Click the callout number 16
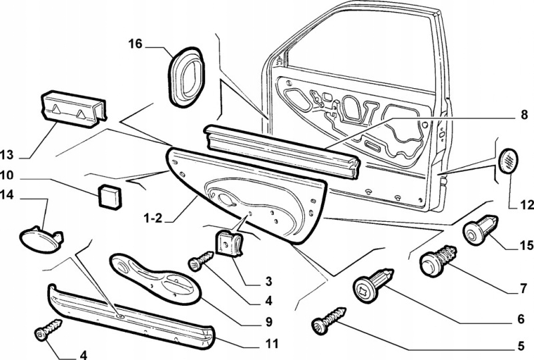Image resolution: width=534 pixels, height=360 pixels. [x=136, y=45]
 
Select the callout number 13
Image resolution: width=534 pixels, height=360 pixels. [x=7, y=156]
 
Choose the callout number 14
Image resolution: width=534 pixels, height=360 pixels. [x=7, y=196]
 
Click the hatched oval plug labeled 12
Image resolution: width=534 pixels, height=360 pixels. [x=509, y=160]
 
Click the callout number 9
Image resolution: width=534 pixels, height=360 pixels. [x=268, y=322]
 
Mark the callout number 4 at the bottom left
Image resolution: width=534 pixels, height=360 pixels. [x=83, y=355]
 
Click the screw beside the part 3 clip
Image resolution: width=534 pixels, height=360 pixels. [x=200, y=261]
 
